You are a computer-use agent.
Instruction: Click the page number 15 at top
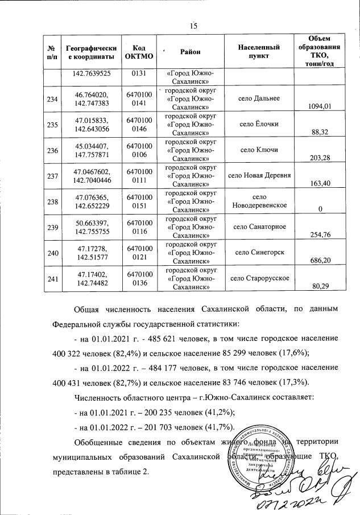pos(193,26)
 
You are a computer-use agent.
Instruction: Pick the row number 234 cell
pos(53,98)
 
